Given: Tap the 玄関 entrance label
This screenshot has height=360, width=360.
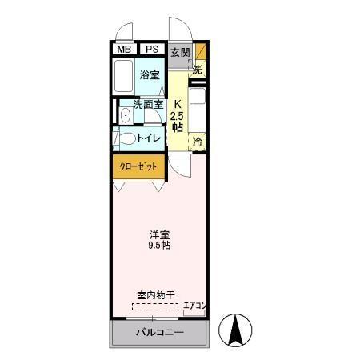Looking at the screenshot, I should [x=180, y=53].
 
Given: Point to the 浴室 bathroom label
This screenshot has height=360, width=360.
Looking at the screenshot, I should [x=150, y=76].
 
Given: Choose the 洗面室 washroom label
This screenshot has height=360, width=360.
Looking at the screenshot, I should [x=148, y=104].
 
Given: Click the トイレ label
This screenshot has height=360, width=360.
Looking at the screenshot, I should [x=150, y=138].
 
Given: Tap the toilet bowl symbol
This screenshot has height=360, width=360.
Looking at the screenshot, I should [x=126, y=138].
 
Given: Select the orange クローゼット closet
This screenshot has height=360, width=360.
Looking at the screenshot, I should [x=138, y=166].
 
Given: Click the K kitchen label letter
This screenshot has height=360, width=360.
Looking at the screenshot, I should [x=179, y=104].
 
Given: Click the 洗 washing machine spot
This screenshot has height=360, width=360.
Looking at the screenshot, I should [x=198, y=69].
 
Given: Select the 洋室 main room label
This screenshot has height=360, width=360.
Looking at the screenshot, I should [x=158, y=234].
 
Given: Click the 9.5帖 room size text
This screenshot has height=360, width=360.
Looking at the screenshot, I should [x=158, y=246].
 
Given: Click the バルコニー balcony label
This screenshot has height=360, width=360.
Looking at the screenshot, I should [x=159, y=332].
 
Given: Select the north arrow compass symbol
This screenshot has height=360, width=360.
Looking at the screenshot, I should [x=236, y=330].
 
